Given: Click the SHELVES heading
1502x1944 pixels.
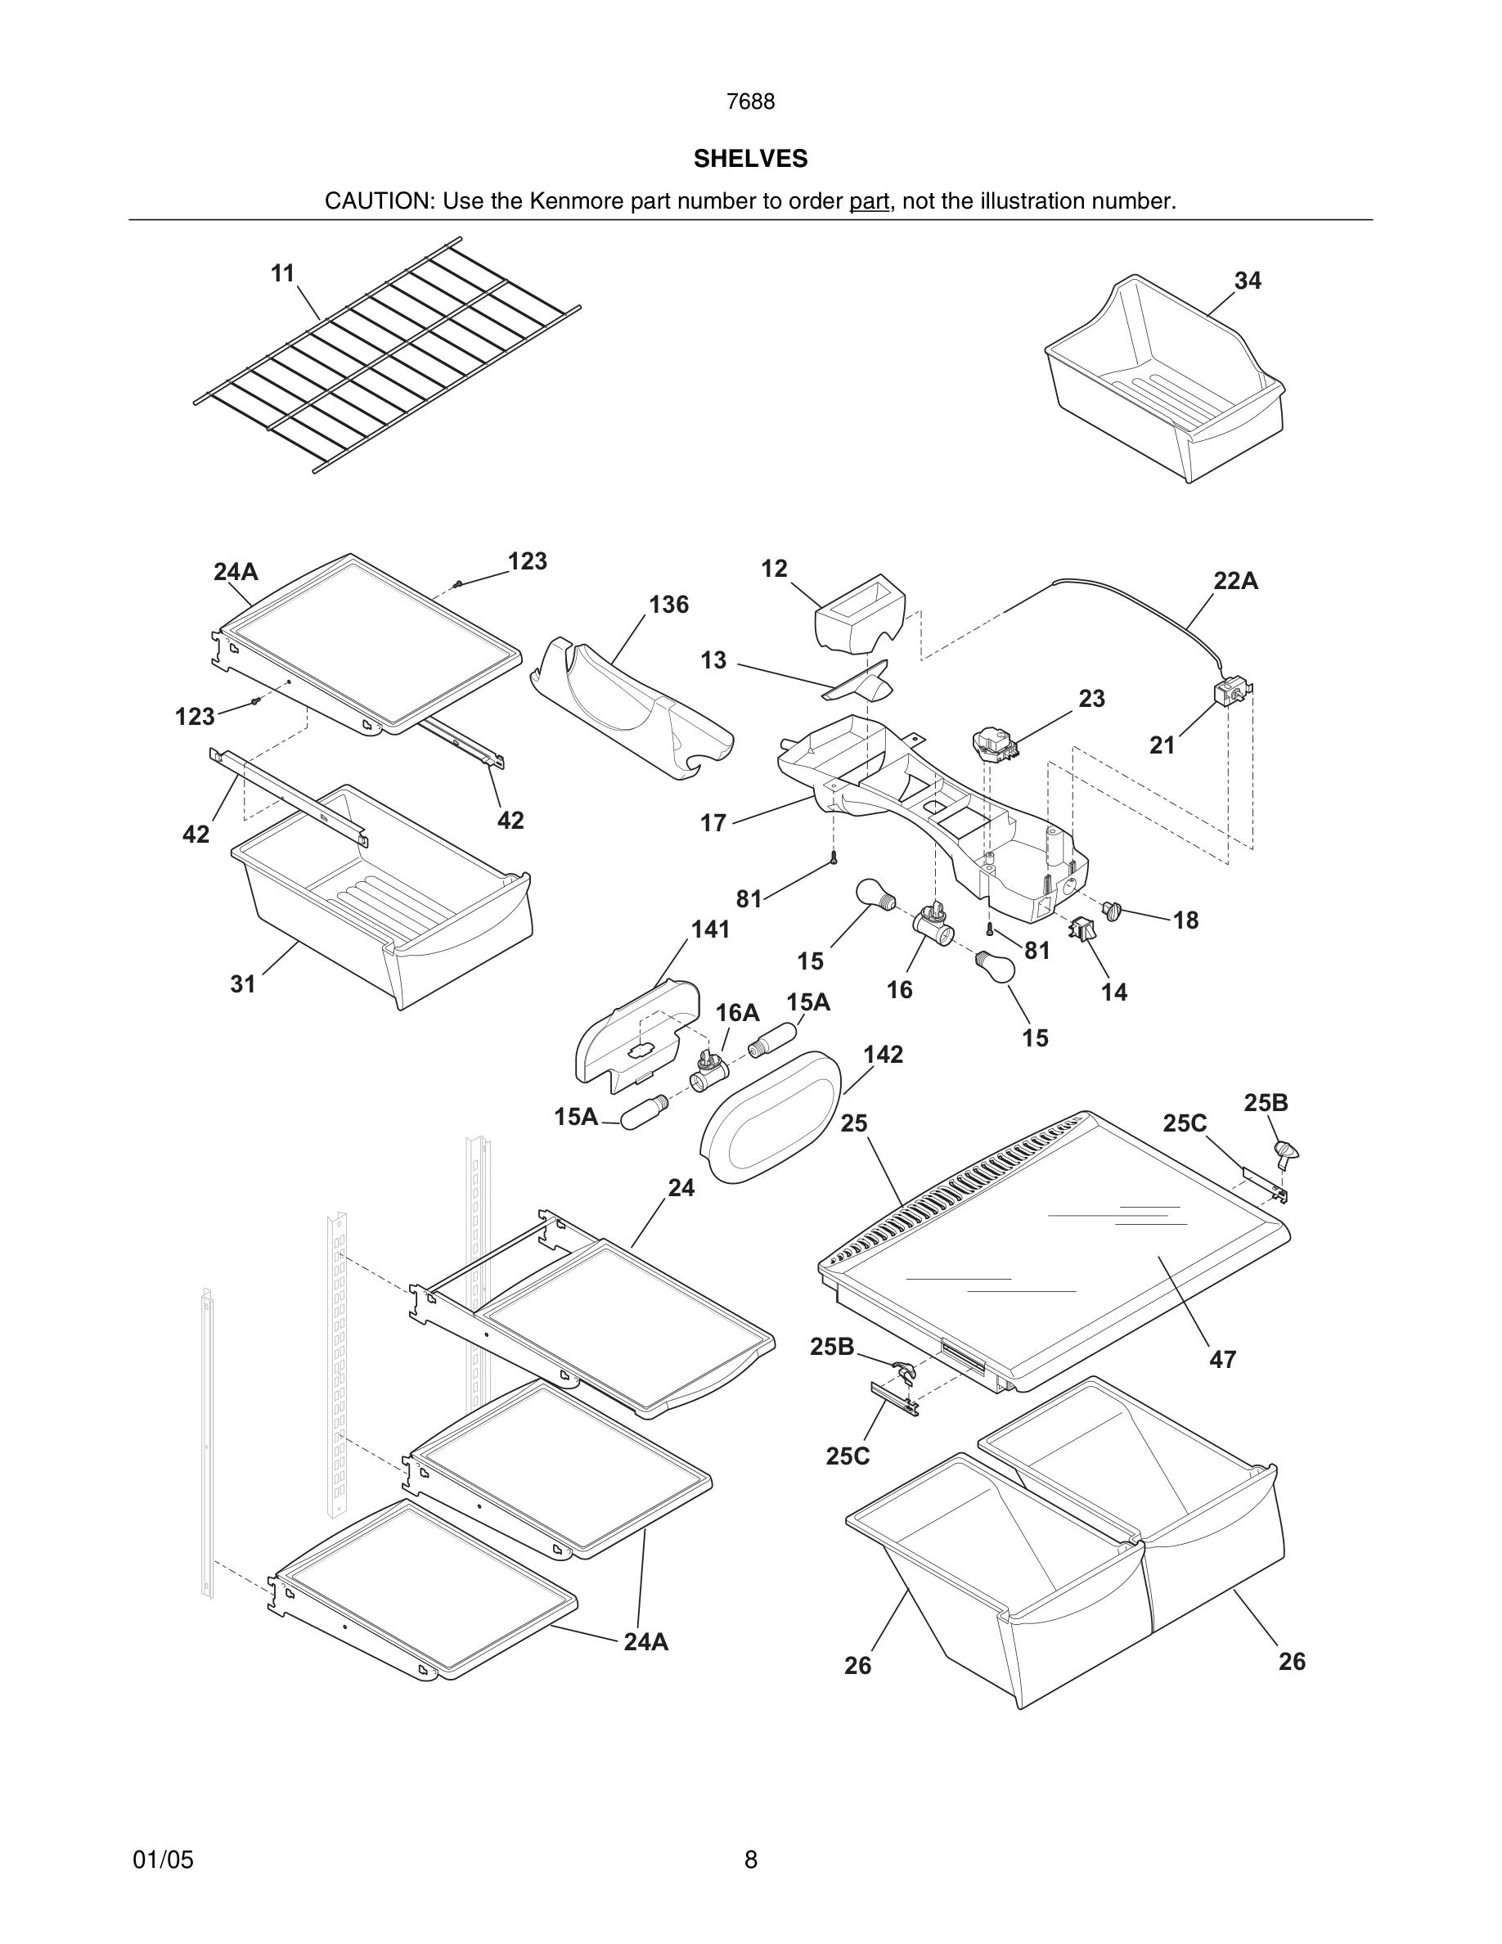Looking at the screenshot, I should click(750, 159).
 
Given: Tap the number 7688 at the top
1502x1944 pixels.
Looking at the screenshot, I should click(750, 102).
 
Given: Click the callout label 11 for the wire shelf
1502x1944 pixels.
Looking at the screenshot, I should click(283, 273).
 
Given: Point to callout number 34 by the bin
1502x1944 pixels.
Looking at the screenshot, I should click(1248, 281).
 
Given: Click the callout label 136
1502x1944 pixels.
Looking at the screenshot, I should click(668, 605).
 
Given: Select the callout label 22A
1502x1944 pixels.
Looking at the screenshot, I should click(1236, 581).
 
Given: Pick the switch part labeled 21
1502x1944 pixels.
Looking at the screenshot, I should click(1230, 691).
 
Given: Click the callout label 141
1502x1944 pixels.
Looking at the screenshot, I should click(710, 929).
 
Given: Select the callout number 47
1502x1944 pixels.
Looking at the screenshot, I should click(1222, 1359).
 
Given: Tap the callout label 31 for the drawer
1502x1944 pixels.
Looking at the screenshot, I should click(243, 983).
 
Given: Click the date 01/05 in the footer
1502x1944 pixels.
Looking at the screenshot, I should click(163, 1860).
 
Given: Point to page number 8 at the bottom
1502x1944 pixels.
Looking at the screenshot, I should click(750, 1860).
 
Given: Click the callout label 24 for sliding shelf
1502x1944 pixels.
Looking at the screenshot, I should click(681, 1187).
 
